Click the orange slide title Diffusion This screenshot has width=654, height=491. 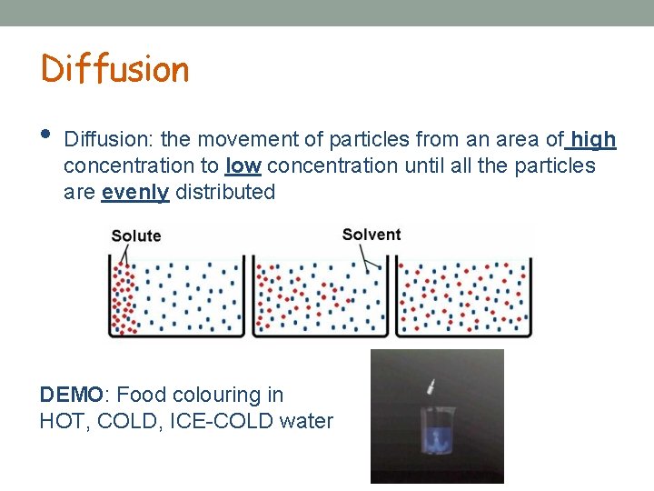[x=114, y=69]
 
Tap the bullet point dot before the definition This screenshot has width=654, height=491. [x=46, y=135]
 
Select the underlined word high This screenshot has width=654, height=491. [x=593, y=139]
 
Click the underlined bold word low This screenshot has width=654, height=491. [x=243, y=165]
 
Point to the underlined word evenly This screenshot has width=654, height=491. [x=135, y=192]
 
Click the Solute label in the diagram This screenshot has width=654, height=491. [x=135, y=235]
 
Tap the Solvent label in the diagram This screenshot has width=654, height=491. [x=371, y=235]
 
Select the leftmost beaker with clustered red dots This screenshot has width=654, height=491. [x=176, y=297]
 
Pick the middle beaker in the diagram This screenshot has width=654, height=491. [x=320, y=297]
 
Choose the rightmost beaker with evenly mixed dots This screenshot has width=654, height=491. [x=463, y=297]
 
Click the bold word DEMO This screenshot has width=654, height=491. [x=72, y=395]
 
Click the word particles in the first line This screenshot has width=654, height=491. [x=369, y=139]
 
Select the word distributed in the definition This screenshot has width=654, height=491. [x=224, y=192]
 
